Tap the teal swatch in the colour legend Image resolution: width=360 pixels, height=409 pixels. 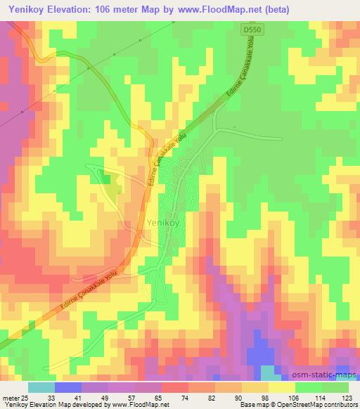pyautogui.click(x=41, y=387)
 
